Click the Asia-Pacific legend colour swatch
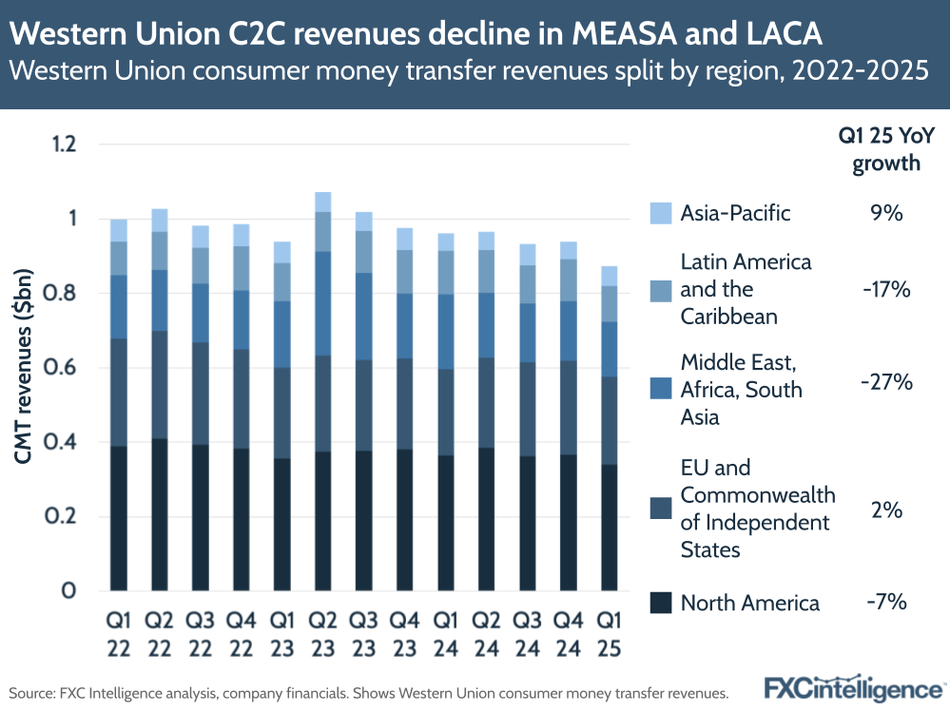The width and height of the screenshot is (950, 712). coord(662,213)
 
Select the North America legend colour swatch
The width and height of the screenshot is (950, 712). coord(662,602)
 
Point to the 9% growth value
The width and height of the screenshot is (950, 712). coord(886,213)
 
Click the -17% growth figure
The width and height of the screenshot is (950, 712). coord(886,289)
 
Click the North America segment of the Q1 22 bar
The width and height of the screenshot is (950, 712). coord(118,518)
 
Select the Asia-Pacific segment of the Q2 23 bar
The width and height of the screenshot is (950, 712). coord(322,202)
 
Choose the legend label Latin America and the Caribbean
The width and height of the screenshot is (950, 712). coord(745,289)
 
